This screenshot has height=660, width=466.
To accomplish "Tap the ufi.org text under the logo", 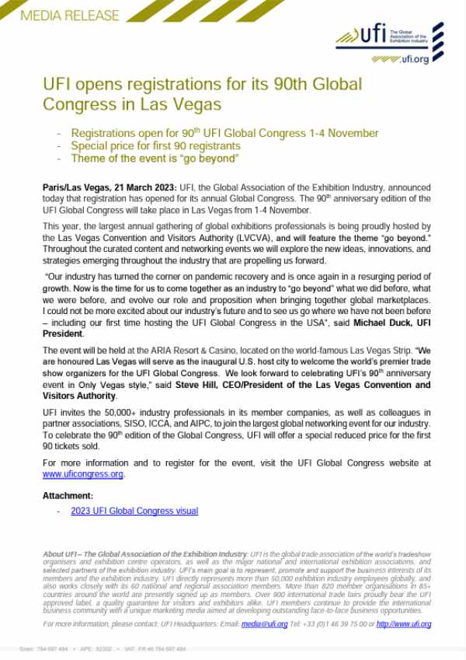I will pos(412,59).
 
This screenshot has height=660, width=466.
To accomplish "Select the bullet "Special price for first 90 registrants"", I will pos(155,145).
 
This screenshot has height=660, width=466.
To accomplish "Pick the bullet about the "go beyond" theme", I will pos(154,158).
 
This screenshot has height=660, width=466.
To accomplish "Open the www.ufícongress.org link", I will pos(83,474).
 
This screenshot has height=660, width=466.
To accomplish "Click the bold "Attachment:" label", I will pos(68,495).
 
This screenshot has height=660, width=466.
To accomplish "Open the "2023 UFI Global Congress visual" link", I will pos(134,511).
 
